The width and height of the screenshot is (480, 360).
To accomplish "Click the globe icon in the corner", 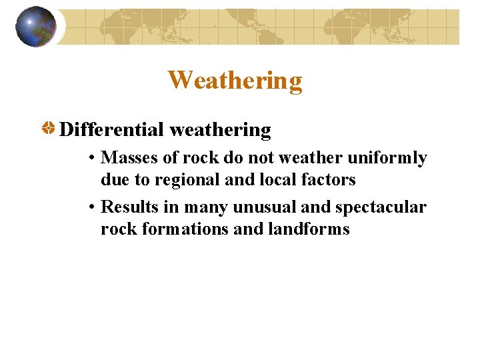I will [x=35, y=27].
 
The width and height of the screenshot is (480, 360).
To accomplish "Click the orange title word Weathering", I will [x=235, y=81].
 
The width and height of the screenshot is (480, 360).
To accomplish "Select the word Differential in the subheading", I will [x=111, y=129].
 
